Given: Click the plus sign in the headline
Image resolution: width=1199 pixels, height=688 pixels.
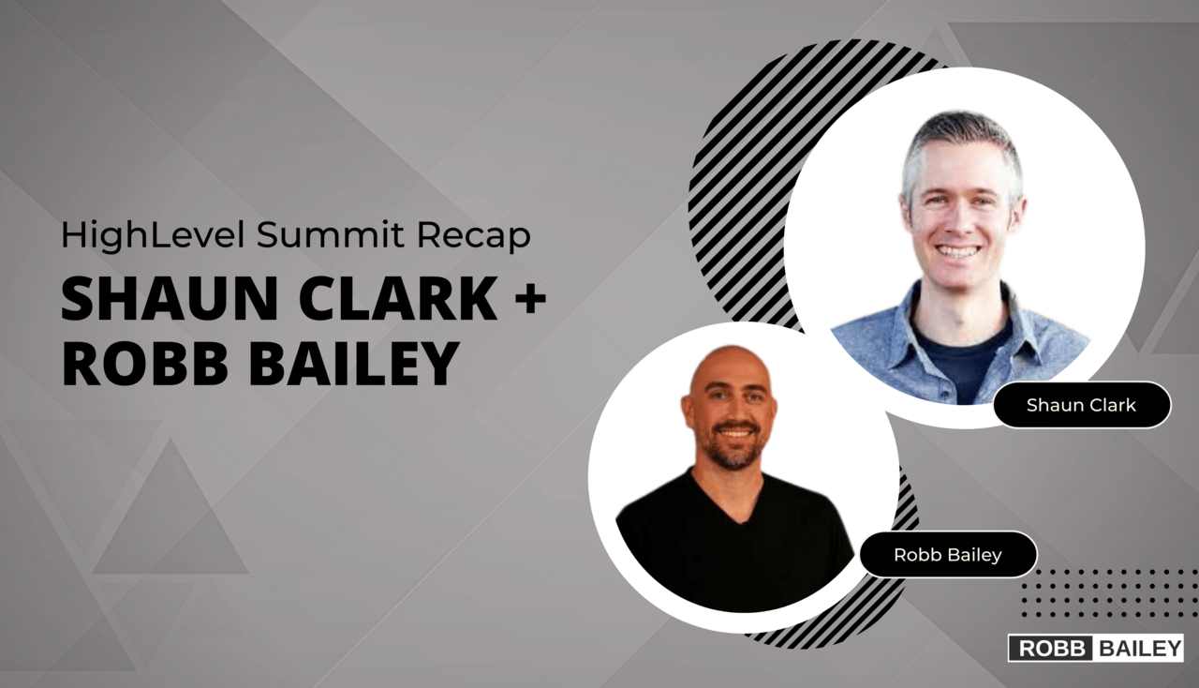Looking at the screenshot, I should click(529, 299).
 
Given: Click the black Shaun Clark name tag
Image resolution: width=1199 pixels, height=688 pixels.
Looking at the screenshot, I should click(1081, 405).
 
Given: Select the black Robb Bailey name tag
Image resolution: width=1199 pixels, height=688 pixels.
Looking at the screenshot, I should click(948, 555).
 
